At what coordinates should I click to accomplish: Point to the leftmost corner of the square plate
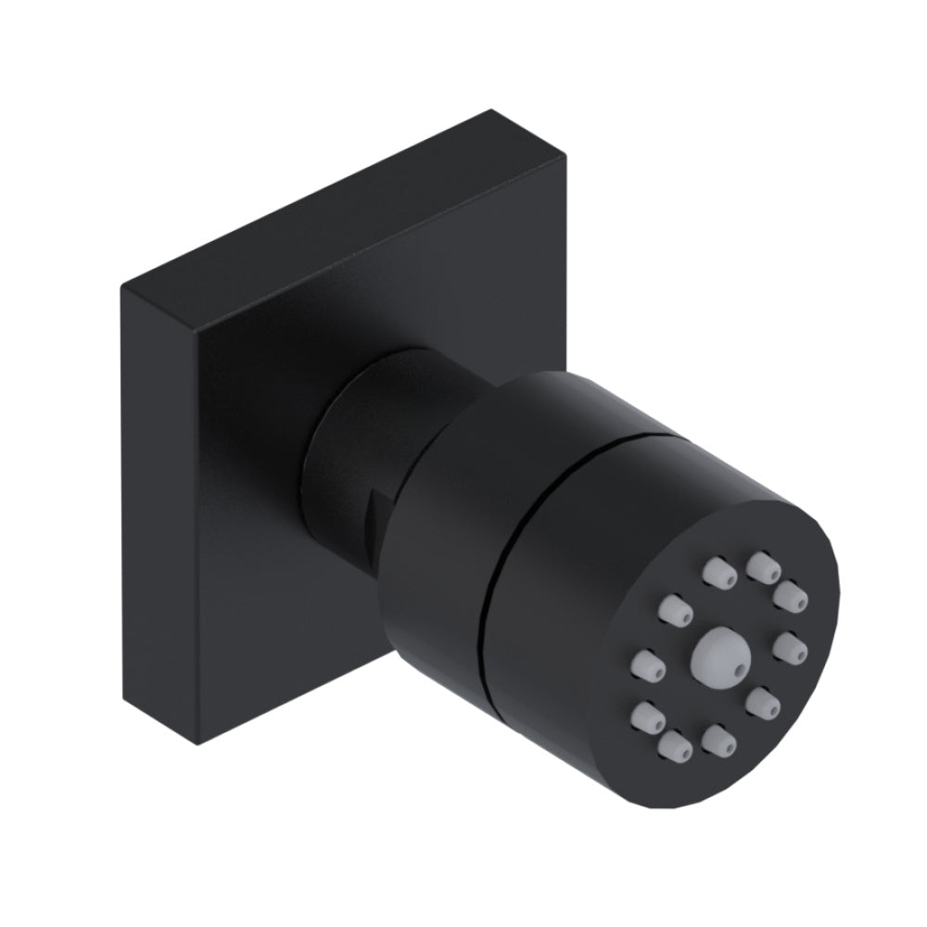[x=121, y=287]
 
